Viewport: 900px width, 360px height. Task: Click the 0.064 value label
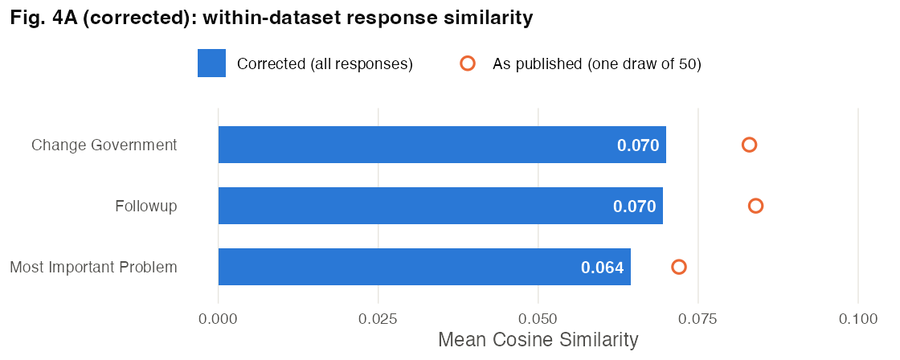tap(602, 268)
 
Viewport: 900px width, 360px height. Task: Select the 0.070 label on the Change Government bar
tap(638, 145)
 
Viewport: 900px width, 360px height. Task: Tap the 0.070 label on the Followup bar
tap(634, 207)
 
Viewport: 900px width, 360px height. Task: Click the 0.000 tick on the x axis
tap(218, 319)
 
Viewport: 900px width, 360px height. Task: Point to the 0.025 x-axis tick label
tap(378, 319)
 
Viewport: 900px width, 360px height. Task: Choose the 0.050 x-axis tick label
tap(538, 319)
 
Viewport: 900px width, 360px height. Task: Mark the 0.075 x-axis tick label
tap(698, 319)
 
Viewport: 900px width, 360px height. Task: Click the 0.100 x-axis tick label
tap(857, 319)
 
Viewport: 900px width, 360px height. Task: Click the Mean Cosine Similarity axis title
tap(538, 340)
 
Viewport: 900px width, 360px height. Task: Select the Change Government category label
tap(104, 145)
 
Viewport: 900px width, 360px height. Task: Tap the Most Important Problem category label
tap(93, 268)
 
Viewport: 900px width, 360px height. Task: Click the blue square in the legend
tap(211, 63)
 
